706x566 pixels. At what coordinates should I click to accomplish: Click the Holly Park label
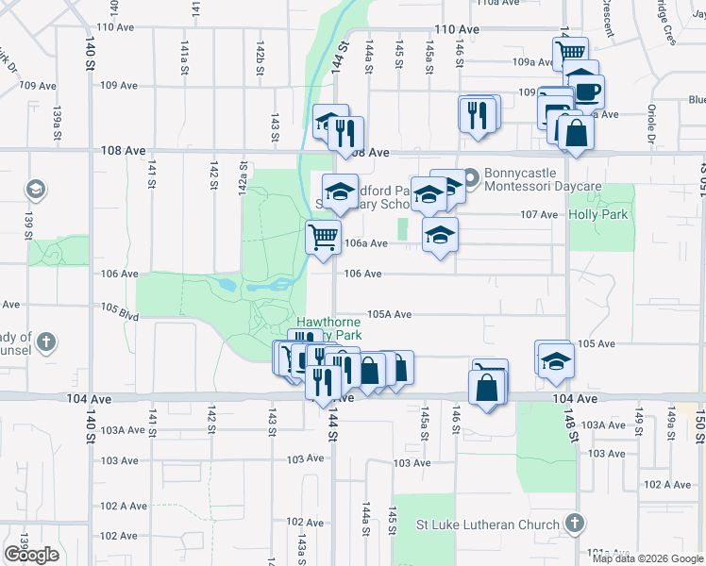coord(597,214)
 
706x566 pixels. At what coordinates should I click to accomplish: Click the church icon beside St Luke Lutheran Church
coord(574,523)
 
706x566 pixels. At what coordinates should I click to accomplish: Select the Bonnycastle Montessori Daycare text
coord(543,180)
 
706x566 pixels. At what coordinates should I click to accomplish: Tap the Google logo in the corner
coord(31,555)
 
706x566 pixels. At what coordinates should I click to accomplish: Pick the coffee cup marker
coord(587,92)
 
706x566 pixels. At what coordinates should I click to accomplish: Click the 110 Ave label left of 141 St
coord(118,26)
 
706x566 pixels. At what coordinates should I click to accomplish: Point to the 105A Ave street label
coord(390,314)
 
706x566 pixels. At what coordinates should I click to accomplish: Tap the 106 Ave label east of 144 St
coord(362,274)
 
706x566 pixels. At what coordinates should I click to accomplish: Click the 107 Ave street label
coord(539,214)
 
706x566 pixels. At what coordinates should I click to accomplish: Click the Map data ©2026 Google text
coord(647,558)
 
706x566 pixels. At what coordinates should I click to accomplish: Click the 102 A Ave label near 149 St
coord(667,484)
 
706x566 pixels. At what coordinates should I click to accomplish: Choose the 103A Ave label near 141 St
coord(124,429)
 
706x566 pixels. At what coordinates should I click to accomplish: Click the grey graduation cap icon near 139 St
coord(36,191)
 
